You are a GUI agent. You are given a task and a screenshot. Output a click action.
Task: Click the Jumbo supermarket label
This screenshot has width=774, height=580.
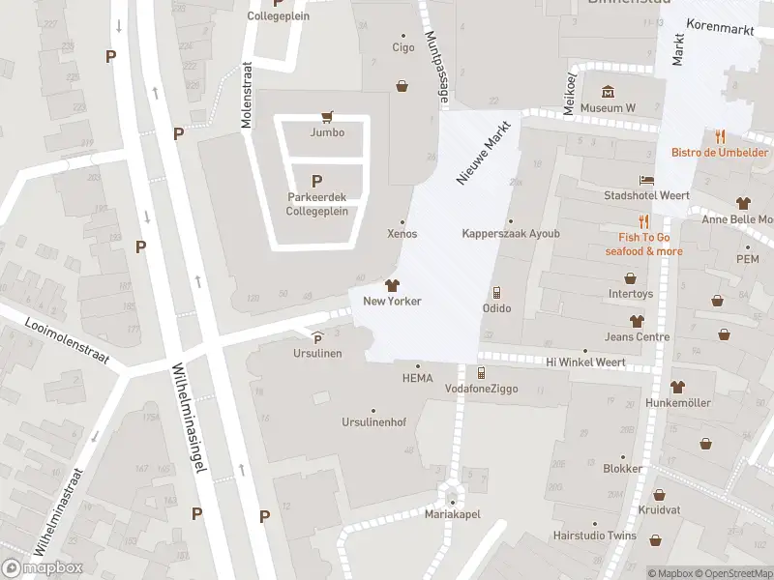click(327, 132)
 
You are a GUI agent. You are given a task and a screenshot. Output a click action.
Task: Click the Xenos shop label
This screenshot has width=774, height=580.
click(402, 234)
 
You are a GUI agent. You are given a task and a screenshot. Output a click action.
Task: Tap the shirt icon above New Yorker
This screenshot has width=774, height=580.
click(392, 285)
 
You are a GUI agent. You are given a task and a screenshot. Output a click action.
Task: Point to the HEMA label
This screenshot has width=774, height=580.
click(417, 378)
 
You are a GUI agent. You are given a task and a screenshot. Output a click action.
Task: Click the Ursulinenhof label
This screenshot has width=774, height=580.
click(372, 422)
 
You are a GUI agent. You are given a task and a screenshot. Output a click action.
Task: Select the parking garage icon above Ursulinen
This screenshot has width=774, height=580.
click(318, 337)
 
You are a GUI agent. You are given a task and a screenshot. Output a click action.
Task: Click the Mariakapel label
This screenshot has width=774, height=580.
click(451, 515)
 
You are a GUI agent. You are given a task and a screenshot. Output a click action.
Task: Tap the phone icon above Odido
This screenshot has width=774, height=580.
click(496, 292)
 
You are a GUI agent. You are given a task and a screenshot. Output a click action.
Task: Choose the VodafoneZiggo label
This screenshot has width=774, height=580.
click(481, 388)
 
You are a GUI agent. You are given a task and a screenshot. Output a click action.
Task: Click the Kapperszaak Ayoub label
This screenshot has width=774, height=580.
click(510, 233)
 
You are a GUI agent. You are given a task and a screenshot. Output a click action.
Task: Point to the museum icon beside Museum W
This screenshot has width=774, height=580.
click(608, 92)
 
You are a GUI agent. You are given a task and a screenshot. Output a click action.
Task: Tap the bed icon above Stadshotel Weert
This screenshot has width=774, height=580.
click(646, 180)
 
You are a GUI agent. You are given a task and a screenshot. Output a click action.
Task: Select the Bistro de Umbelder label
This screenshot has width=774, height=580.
click(721, 152)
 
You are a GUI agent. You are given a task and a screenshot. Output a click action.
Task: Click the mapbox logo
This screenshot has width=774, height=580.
click(43, 568)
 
